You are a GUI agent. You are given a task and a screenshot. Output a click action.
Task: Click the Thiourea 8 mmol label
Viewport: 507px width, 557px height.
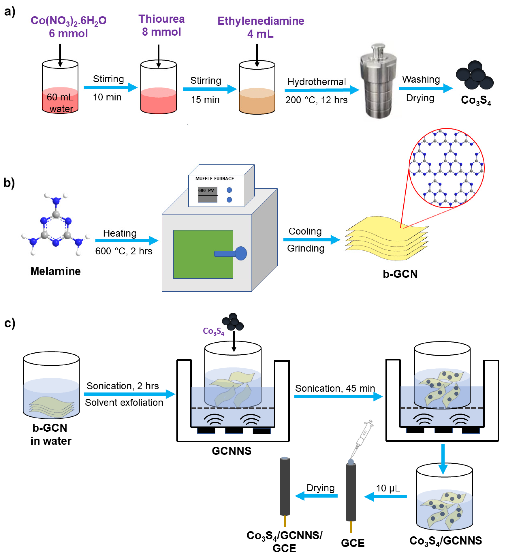(x=161, y=25)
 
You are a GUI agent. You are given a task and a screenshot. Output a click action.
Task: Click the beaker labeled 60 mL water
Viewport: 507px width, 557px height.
(x=60, y=87)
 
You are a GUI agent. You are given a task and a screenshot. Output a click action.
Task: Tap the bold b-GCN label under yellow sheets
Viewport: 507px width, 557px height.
(x=400, y=274)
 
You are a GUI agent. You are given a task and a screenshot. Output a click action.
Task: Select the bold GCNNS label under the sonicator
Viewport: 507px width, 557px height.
(x=231, y=451)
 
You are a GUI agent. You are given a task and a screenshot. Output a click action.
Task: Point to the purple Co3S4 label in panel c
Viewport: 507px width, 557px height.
(x=213, y=331)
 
